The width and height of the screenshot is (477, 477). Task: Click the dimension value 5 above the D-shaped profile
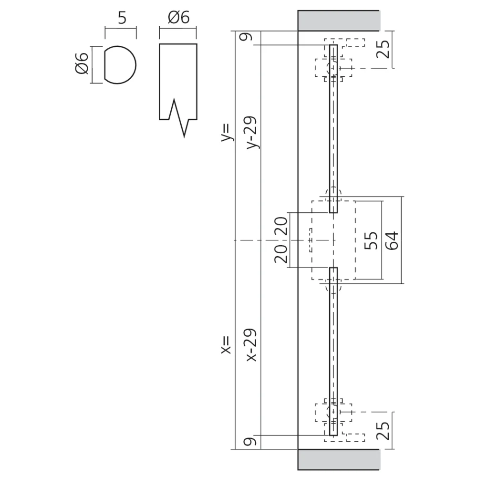[x=122, y=18]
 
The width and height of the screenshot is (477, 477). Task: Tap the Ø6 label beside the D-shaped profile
[x=82, y=63]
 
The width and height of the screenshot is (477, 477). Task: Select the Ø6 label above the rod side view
[x=179, y=18]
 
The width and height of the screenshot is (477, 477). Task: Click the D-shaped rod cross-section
[x=120, y=64]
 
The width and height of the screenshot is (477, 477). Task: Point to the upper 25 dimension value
[x=384, y=49]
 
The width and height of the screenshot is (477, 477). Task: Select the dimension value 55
[x=371, y=240]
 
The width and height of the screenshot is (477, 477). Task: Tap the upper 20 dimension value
[x=280, y=226]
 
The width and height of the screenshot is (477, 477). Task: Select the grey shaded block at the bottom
[x=339, y=459]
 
